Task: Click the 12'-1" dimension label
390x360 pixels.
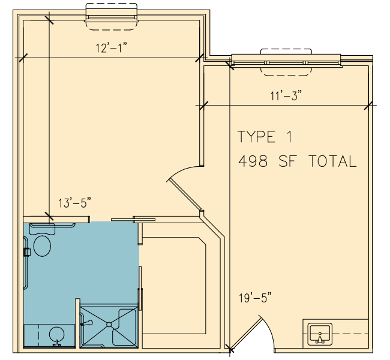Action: [112, 47]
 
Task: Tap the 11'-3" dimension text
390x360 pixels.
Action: [286, 95]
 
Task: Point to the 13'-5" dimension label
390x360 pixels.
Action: [74, 203]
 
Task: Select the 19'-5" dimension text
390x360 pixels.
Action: [255, 298]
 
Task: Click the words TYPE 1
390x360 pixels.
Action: [265, 136]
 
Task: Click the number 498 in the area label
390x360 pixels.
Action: [253, 161]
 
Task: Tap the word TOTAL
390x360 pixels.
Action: [332, 161]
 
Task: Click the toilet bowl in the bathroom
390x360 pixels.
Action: [42, 246]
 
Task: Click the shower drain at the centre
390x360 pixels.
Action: [109, 325]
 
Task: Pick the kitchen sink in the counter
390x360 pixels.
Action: [320, 334]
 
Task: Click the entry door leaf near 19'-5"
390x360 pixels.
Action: [245, 333]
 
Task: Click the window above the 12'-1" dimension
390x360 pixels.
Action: [112, 17]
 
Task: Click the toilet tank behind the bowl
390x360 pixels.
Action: [42, 229]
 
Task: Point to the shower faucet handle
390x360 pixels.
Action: [87, 323]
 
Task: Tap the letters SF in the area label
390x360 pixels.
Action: [288, 161]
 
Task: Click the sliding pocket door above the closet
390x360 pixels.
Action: [133, 220]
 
